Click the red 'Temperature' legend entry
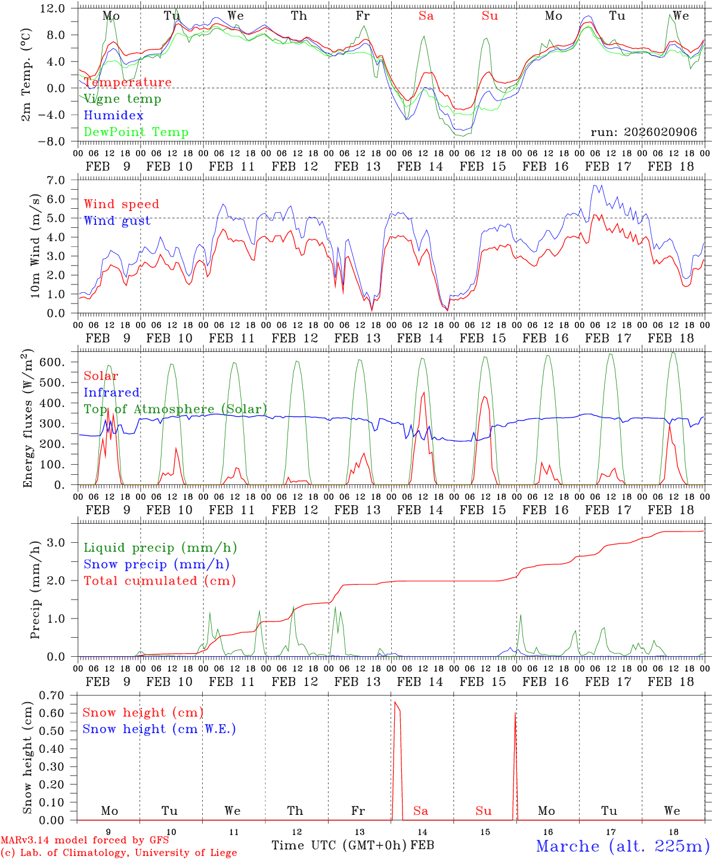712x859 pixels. [128, 82]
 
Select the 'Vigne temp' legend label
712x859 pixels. [122, 99]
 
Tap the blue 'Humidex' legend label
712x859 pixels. [113, 116]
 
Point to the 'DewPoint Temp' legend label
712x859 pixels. [136, 132]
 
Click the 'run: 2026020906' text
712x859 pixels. [643, 132]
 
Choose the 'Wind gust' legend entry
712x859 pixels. [117, 221]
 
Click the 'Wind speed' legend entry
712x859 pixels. [121, 204]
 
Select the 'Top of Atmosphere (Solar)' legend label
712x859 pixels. [175, 409]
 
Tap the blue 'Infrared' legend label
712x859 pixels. [112, 393]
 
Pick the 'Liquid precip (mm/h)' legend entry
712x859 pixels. [160, 548]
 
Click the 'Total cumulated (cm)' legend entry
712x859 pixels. [159, 581]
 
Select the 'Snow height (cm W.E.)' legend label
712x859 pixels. [159, 729]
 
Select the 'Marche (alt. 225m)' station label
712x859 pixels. [623, 846]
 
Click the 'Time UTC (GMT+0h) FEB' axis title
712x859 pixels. [352, 845]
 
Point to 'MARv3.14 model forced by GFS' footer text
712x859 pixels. [85, 841]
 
